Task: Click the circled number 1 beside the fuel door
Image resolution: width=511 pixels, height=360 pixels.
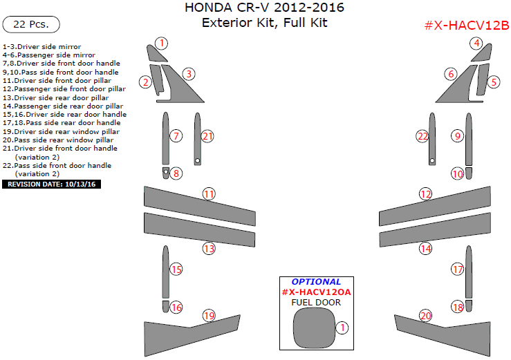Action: [x=340, y=327]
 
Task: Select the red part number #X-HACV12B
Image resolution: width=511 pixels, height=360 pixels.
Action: [x=466, y=26]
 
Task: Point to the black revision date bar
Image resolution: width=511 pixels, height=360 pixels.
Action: [x=52, y=184]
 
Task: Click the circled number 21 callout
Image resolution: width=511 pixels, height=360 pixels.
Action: [x=208, y=136]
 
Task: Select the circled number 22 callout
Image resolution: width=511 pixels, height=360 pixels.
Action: [x=422, y=136]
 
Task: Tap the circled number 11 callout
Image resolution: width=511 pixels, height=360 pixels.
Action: [x=209, y=194]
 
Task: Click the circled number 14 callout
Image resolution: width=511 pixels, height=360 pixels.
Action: [x=425, y=248]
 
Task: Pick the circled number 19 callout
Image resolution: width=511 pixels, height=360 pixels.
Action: [x=209, y=316]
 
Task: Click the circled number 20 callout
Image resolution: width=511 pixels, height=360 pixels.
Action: [x=425, y=316]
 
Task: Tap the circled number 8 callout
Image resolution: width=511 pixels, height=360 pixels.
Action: [x=176, y=173]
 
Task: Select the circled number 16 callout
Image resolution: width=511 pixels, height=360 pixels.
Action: [x=176, y=307]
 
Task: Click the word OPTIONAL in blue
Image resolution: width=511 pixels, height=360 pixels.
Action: [x=316, y=282]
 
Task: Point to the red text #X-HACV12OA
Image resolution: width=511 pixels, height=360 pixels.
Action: [x=316, y=292]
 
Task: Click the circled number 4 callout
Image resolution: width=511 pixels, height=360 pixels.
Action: [x=476, y=44]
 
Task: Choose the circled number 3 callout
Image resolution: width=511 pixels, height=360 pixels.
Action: [x=188, y=73]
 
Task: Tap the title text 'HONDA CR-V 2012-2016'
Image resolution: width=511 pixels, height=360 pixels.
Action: [x=264, y=8]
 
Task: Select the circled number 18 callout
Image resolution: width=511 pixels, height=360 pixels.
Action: [x=457, y=307]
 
